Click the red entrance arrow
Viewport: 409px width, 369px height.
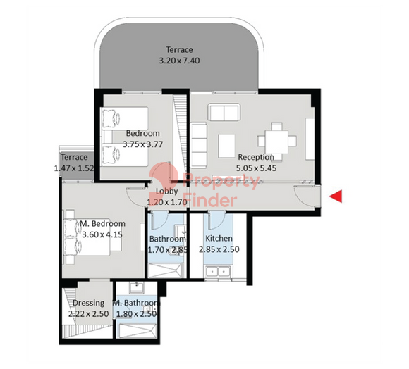336,196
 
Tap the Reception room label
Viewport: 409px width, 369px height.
256,157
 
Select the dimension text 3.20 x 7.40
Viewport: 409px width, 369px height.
179,61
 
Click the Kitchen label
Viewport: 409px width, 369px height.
219,238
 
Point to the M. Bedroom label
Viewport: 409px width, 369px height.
102,224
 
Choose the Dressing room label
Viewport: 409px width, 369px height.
88,303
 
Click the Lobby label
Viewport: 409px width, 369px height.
166,192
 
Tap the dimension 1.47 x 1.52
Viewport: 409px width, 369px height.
74,168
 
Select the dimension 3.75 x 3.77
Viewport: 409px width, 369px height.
142,144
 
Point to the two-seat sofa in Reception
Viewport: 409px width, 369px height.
224,112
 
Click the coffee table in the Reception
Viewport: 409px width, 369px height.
226,146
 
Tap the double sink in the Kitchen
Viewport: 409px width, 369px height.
218,272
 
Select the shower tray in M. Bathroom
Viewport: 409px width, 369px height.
136,331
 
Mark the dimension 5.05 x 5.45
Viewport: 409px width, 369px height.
257,168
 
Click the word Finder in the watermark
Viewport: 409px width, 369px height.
210,200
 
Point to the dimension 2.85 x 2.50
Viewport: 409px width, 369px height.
219,249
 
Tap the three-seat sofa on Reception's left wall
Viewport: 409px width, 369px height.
199,145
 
